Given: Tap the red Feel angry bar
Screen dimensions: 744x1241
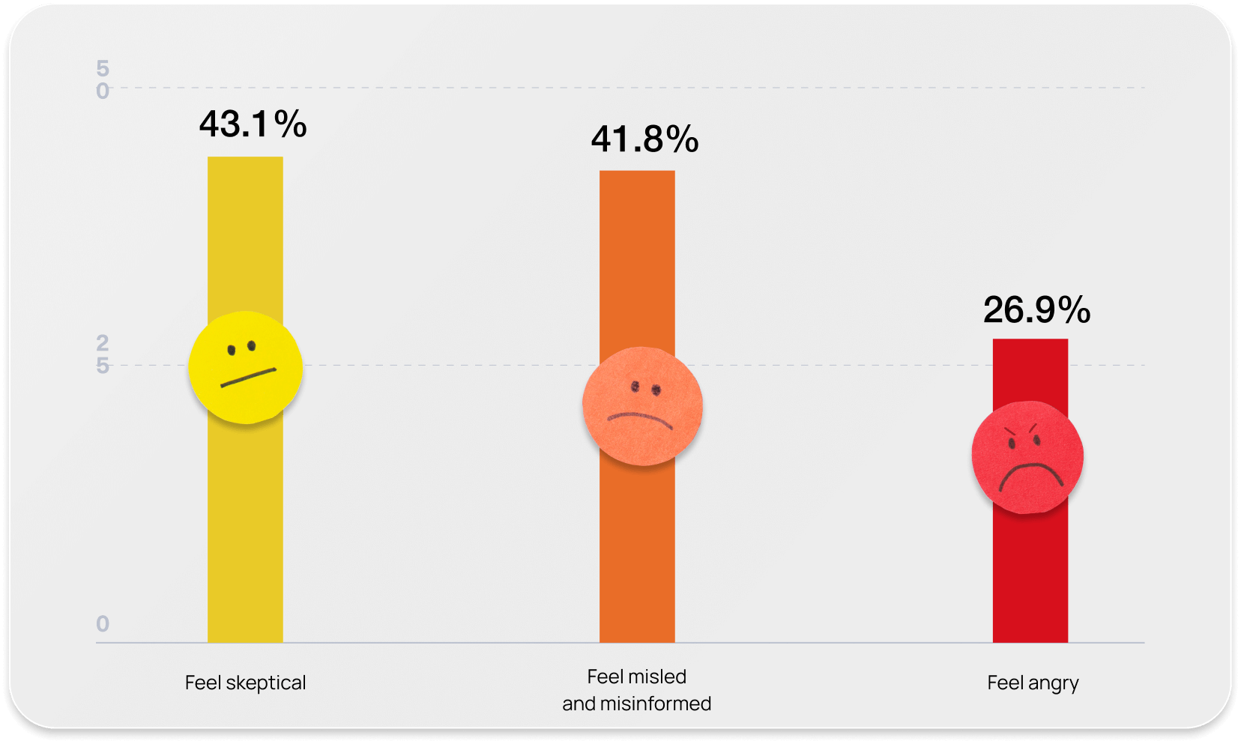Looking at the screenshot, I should pyautogui.click(x=1030, y=569).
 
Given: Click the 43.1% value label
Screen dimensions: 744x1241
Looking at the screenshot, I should pyautogui.click(x=253, y=124).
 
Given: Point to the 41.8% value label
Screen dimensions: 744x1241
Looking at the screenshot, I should pyautogui.click(x=644, y=139).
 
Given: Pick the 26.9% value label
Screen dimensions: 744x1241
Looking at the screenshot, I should pyautogui.click(x=1036, y=310).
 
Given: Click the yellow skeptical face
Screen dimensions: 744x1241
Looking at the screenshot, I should pyautogui.click(x=245, y=367).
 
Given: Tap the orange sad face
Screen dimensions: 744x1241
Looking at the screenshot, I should pyautogui.click(x=642, y=406).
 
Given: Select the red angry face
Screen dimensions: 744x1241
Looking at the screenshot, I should pyautogui.click(x=1027, y=457).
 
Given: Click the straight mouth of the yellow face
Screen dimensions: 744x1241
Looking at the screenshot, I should pyautogui.click(x=248, y=378).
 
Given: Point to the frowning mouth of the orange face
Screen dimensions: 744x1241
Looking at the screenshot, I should pyautogui.click(x=640, y=419).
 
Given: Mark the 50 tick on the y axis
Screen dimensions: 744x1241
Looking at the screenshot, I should pyautogui.click(x=103, y=79).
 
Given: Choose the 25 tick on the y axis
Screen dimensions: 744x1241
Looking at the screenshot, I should pyautogui.click(x=103, y=354).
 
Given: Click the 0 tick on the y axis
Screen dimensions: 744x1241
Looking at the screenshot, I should pyautogui.click(x=103, y=623).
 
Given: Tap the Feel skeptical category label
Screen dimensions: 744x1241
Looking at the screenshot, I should pyautogui.click(x=245, y=683).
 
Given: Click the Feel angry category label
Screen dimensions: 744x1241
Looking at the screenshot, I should pyautogui.click(x=1033, y=683).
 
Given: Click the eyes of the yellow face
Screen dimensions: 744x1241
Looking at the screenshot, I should pyautogui.click(x=241, y=348).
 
